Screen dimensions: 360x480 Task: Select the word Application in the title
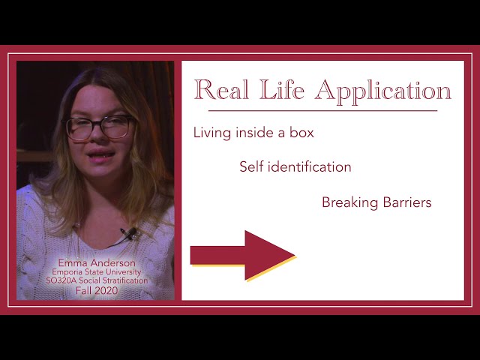pyautogui.click(x=383, y=91)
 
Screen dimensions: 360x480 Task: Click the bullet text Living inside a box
pyautogui.click(x=253, y=133)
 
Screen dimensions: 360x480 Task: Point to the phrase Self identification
pyautogui.click(x=295, y=167)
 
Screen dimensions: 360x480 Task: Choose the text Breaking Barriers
pyautogui.click(x=376, y=202)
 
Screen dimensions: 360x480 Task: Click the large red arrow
pyautogui.click(x=243, y=255)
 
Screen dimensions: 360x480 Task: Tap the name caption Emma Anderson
pyautogui.click(x=98, y=263)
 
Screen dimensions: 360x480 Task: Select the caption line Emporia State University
pyautogui.click(x=98, y=271)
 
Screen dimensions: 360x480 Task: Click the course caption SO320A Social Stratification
pyautogui.click(x=98, y=280)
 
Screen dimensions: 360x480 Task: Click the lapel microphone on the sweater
pyautogui.click(x=129, y=233)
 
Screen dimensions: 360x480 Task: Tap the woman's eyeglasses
pyautogui.click(x=99, y=127)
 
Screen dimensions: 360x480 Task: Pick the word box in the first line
pyautogui.click(x=301, y=133)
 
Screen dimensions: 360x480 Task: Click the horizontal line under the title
pyautogui.click(x=315, y=111)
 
